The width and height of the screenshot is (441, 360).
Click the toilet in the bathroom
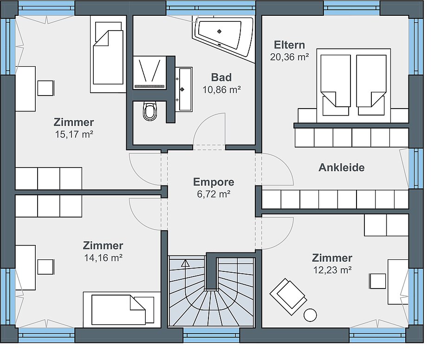(x=149, y=111)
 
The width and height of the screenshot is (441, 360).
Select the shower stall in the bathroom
(x=149, y=72)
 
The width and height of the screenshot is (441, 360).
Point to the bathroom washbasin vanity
(x=184, y=89)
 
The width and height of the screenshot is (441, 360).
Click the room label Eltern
(x=289, y=45)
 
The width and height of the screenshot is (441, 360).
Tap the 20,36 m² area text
(x=289, y=57)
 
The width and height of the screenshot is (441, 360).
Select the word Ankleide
(x=342, y=167)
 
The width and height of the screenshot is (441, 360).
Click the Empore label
(x=214, y=182)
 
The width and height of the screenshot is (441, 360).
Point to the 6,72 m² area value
(x=214, y=194)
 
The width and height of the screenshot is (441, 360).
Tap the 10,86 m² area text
(x=221, y=90)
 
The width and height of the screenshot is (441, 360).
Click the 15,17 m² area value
(x=74, y=135)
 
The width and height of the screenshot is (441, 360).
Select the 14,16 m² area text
(x=103, y=257)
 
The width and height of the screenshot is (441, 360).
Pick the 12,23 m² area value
(x=332, y=270)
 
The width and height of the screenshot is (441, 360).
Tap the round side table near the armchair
(x=310, y=315)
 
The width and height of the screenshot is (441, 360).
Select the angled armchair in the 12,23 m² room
(x=288, y=296)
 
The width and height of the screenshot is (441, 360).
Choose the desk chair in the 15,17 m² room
(x=45, y=88)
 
